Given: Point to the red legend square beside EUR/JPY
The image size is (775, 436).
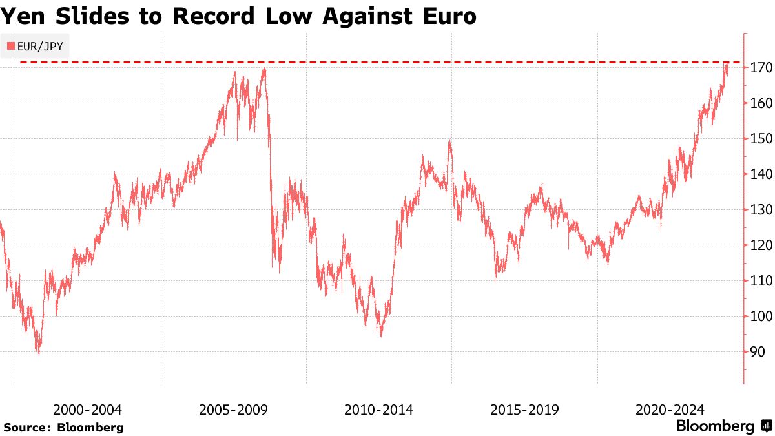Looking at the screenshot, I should point(10,46).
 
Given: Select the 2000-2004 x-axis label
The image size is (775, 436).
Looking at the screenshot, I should point(87,410).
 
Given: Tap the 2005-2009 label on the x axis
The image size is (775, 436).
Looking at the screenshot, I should point(233,410).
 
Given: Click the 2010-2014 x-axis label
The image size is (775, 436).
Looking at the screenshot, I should point(378,410).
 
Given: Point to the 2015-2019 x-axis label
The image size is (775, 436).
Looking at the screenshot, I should point(524,410).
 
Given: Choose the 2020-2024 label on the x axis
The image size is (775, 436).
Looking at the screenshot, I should point(670,410).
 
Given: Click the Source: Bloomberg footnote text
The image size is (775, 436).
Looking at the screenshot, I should point(63,428).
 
